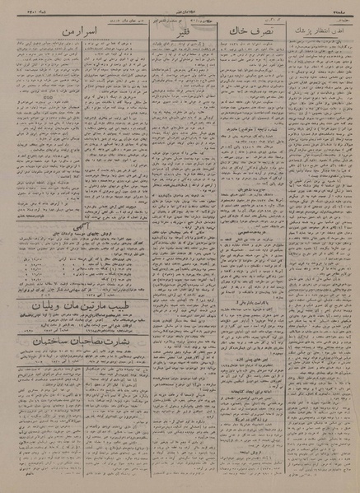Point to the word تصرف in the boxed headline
(x=262, y=30)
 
